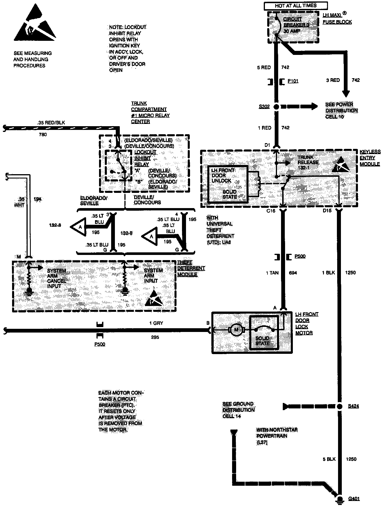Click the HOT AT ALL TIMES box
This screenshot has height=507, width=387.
[x=295, y=5]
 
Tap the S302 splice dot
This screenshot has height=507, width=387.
[x=276, y=107]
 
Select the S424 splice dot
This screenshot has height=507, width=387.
[x=339, y=406]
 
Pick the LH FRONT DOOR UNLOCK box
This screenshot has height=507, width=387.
[x=227, y=184]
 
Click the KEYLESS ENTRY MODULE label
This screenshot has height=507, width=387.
[x=370, y=158]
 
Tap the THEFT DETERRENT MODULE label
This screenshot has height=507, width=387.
[x=191, y=268]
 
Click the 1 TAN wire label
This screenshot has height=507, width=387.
[x=272, y=273]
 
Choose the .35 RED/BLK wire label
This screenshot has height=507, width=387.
[x=51, y=123]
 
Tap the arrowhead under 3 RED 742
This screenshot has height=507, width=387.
[x=346, y=94]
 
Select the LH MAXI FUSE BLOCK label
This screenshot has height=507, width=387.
[x=337, y=19]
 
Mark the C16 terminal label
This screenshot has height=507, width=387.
[x=271, y=211]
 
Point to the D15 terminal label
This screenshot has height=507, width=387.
[x=327, y=211]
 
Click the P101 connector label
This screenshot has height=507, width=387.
[x=293, y=81]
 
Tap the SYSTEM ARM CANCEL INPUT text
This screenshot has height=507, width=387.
[x=57, y=278]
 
